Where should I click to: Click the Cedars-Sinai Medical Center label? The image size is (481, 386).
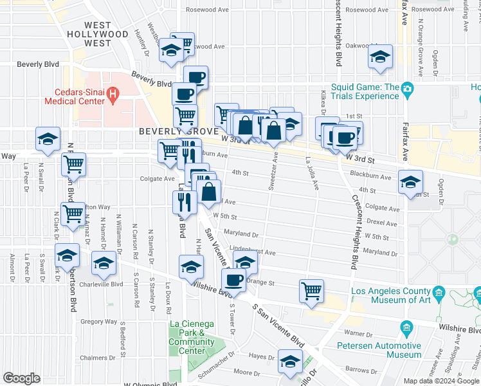[x=75, y=96]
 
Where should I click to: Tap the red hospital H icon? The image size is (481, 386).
[x=113, y=96]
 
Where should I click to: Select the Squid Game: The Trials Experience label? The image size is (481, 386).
[x=365, y=92]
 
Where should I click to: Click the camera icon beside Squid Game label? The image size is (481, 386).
[x=406, y=88]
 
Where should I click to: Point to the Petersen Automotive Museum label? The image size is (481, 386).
[x=379, y=349]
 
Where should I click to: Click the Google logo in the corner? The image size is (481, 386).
[x=21, y=378]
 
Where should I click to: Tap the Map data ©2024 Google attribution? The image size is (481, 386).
[x=441, y=381]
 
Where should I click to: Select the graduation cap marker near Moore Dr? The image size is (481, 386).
[x=290, y=362]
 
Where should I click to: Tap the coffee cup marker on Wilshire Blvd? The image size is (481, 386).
[x=233, y=280]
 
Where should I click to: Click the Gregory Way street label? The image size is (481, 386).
[x=99, y=322]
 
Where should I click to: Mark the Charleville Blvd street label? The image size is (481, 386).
[x=105, y=284]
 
